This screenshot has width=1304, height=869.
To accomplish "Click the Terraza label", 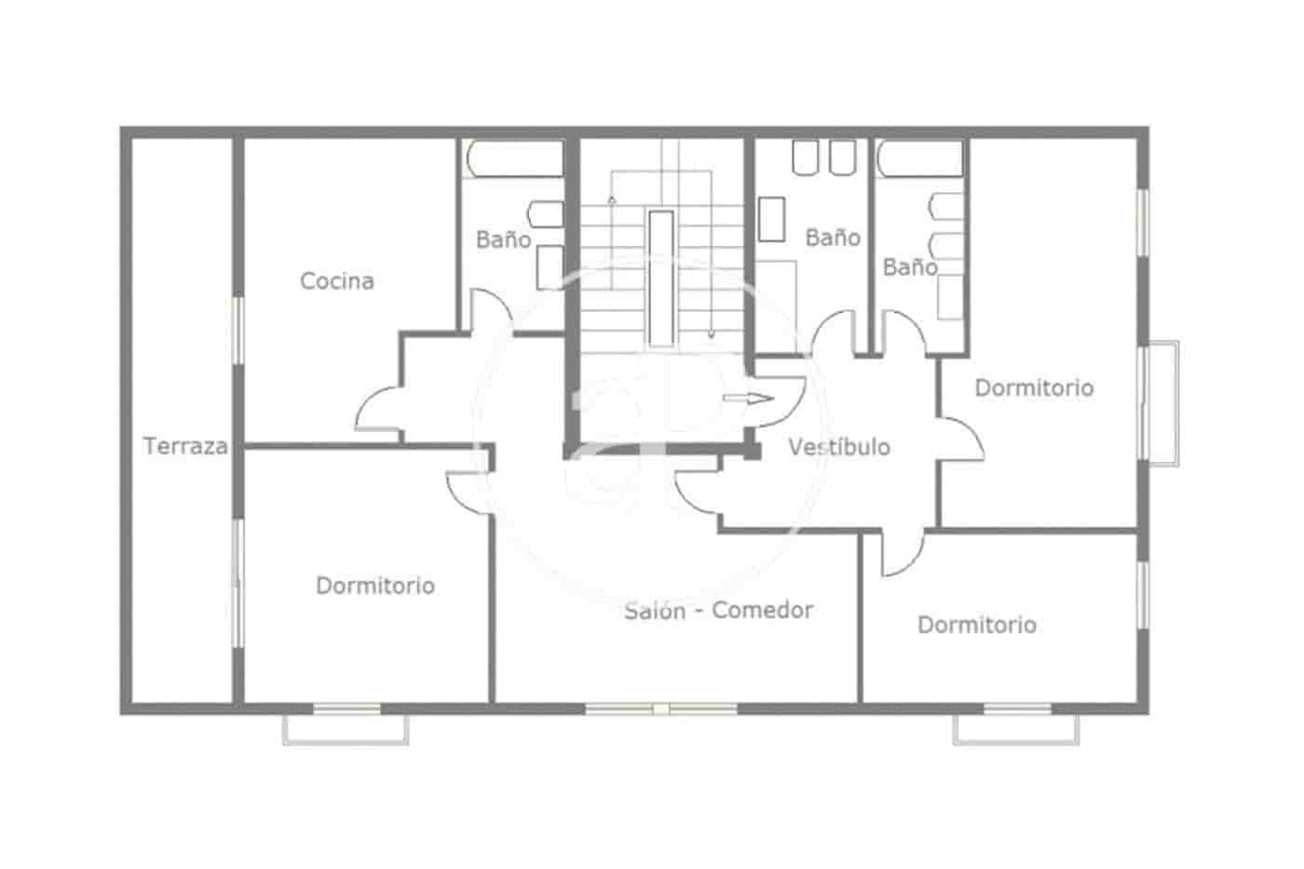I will coord(185,446).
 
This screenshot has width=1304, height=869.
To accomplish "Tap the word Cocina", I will coord(337,280).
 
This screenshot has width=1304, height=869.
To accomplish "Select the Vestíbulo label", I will coord(839,447).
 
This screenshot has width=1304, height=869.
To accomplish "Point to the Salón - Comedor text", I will coord(718,610).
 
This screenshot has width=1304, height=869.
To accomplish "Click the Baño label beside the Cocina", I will coord(503,239).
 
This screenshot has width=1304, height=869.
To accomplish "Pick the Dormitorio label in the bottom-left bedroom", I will coord(375,586).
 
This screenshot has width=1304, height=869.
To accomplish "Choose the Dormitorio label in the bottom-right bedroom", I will coord(977,624).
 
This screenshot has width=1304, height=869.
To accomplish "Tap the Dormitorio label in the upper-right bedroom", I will coord(1034,387).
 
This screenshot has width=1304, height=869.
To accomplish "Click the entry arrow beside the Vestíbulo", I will coord(748,399).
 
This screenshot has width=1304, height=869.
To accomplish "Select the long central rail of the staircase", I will coord(660,278).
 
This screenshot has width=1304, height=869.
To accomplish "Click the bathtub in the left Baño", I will coord(516,158).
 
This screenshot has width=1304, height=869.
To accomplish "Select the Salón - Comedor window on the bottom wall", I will coord(661,710).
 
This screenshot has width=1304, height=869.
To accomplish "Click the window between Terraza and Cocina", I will coord(238,330).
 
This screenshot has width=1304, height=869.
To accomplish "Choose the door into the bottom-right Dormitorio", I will coord(900,555).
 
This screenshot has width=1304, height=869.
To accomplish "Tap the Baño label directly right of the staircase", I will coord(833,238).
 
